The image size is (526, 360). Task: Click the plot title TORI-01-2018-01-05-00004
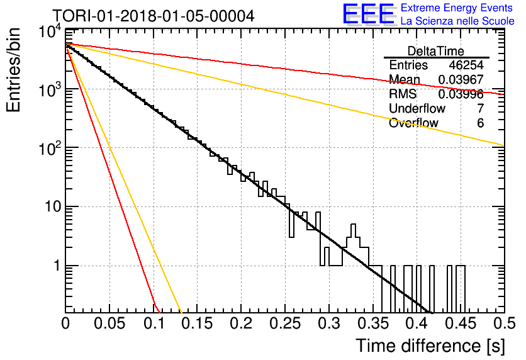154,16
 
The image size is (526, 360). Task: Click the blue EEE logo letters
368,14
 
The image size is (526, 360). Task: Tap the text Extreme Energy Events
457,8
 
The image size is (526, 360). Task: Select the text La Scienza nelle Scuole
457,21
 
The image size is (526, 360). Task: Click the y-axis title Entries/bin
13,70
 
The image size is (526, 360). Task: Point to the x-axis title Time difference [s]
430,346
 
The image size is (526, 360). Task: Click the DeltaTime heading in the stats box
436,51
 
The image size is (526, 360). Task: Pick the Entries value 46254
466,65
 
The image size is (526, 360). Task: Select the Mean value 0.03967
461,79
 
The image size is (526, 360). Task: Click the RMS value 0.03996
461,94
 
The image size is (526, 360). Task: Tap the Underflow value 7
480,108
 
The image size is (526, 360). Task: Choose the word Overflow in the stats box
413,123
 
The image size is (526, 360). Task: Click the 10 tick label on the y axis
53,206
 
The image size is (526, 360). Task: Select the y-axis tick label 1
57,266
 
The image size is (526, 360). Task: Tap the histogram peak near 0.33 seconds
353,225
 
